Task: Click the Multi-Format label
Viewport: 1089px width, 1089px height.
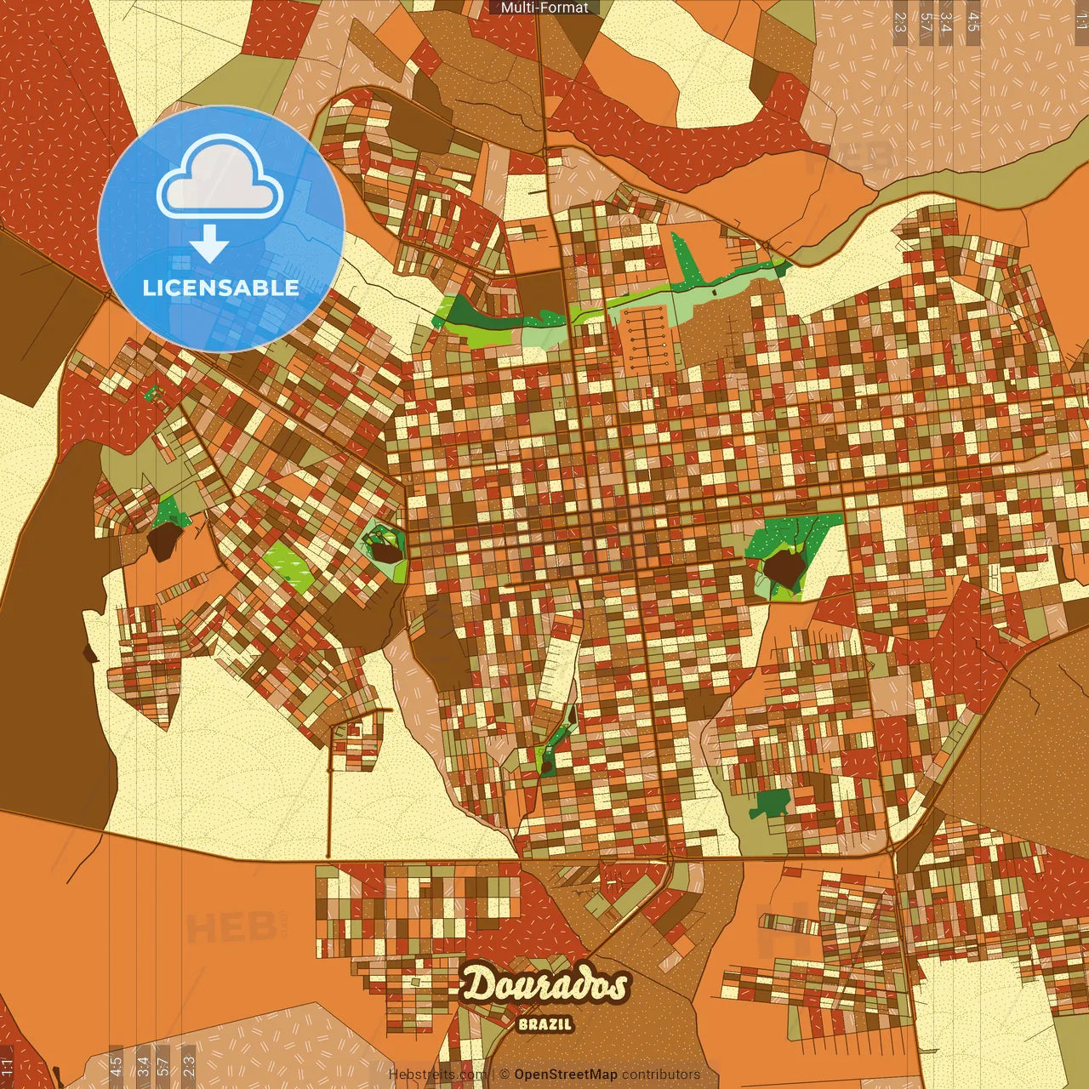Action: (x=544, y=8)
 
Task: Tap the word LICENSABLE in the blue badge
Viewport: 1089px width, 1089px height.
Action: (x=221, y=288)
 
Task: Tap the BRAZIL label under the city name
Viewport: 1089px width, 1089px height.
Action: (x=544, y=1024)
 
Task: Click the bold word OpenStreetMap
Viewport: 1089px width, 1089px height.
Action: (x=565, y=1075)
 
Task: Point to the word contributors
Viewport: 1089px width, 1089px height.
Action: (x=660, y=1075)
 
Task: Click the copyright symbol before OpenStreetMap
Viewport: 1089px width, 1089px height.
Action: (x=505, y=1075)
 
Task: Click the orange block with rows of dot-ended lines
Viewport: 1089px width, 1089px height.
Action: (x=649, y=339)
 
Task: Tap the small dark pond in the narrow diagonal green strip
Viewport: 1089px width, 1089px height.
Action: (x=546, y=766)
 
